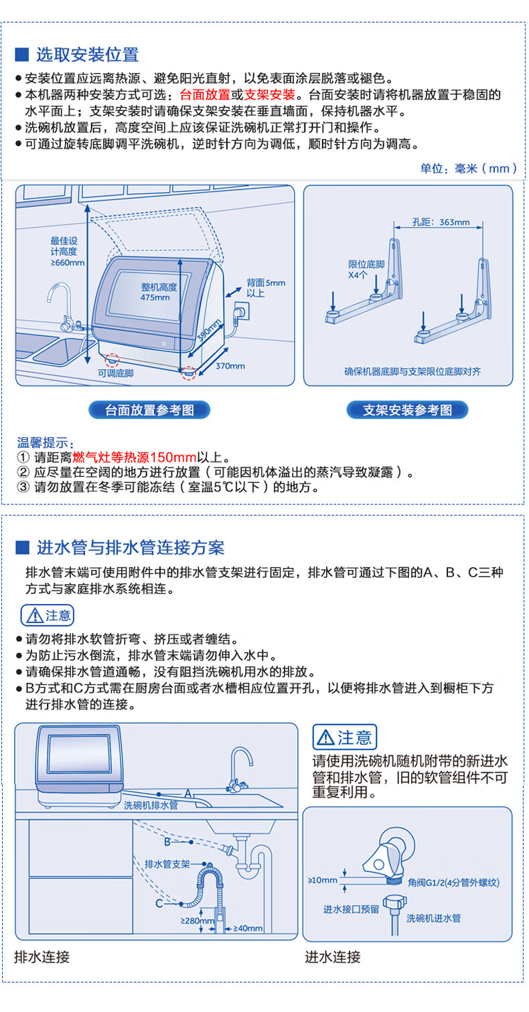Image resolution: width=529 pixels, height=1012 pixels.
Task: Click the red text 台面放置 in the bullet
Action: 203,94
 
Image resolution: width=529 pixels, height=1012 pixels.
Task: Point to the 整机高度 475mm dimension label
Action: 159,292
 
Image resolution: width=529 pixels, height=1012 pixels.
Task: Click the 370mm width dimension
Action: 230,366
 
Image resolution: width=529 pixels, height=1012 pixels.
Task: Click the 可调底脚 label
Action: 116,373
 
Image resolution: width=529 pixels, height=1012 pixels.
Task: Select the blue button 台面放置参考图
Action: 149,410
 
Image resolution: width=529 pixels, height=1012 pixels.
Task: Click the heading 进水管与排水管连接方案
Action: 130,547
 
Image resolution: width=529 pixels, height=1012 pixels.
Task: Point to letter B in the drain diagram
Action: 167,839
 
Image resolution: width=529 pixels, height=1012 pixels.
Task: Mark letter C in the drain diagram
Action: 159,903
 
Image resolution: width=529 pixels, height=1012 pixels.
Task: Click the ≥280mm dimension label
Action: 197,921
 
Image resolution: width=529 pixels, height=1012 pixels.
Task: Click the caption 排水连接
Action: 42,957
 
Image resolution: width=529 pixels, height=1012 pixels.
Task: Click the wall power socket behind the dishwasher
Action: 240,312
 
